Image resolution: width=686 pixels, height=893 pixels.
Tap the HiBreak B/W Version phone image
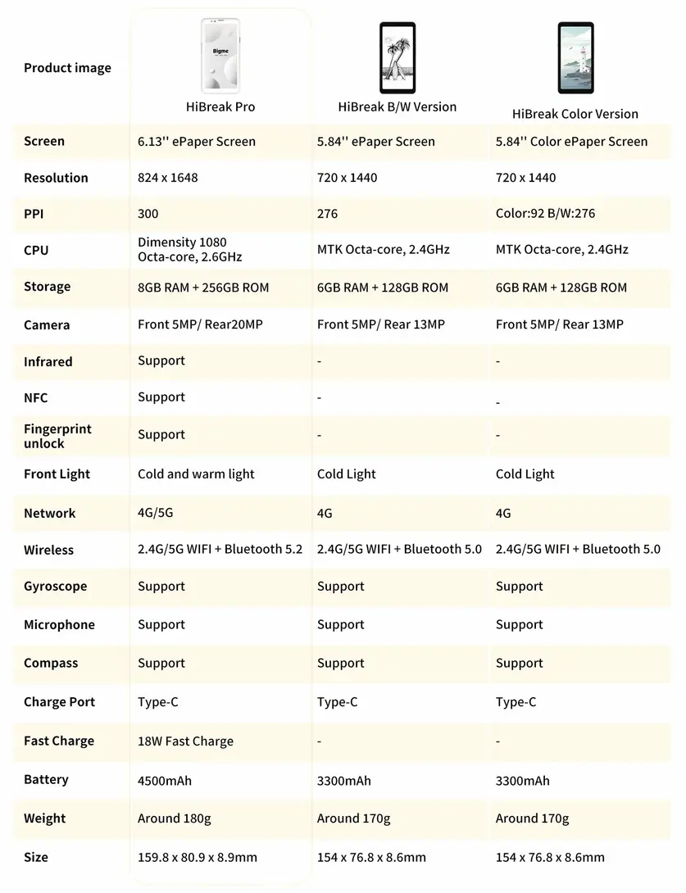[x=398, y=57]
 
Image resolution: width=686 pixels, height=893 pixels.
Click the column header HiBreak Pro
[x=220, y=107]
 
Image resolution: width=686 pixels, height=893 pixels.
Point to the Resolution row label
[x=56, y=178]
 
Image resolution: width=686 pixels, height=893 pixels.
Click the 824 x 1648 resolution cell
[x=168, y=178]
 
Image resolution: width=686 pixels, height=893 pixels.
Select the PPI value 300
[x=148, y=214]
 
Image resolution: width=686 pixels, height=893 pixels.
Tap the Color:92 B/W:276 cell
[x=545, y=214]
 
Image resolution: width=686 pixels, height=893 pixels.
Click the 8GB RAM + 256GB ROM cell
[x=203, y=288]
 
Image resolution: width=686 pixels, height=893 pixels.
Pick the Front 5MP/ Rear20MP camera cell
[x=200, y=324]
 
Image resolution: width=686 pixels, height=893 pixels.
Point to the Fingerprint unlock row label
[x=57, y=436]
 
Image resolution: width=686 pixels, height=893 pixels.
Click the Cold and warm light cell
[x=196, y=474]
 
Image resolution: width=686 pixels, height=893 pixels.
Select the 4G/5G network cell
[x=156, y=513]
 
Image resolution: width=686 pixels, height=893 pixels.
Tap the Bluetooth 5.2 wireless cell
[x=220, y=550]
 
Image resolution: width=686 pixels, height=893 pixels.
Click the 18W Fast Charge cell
[x=185, y=741]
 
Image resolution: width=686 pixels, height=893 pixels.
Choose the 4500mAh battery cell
[x=165, y=781]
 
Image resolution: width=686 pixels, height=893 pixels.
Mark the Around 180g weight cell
[x=174, y=818]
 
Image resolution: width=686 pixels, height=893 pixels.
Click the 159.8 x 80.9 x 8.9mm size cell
[x=198, y=858]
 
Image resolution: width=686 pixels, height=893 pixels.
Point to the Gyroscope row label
[x=55, y=587]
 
